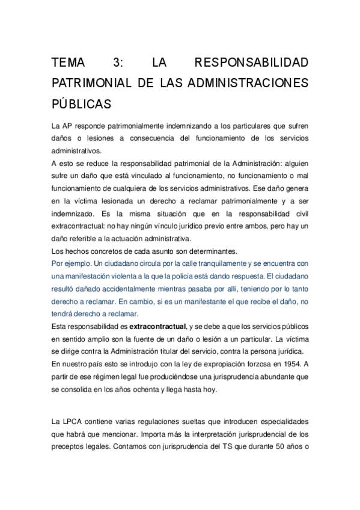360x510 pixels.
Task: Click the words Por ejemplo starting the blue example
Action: coord(73,263)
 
